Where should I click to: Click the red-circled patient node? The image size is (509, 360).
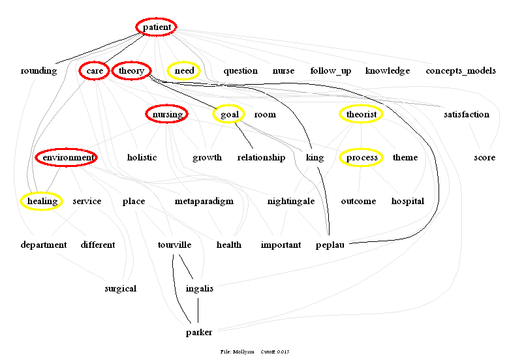click(x=157, y=27)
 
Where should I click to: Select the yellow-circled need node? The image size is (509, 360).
click(x=185, y=70)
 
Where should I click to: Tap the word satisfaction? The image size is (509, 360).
click(x=466, y=114)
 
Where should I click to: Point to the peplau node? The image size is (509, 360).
click(x=330, y=245)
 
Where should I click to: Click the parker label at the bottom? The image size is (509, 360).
click(x=199, y=332)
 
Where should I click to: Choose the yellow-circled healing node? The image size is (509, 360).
click(x=42, y=201)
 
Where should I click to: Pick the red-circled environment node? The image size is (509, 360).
click(x=67, y=157)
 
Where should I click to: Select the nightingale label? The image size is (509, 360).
click(x=291, y=201)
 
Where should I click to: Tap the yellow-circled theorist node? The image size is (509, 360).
click(x=362, y=114)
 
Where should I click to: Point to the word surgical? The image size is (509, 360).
click(x=121, y=288)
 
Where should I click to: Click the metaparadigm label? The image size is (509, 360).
click(x=204, y=201)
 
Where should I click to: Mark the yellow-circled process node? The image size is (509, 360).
click(x=362, y=157)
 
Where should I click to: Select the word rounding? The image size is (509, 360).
click(x=39, y=70)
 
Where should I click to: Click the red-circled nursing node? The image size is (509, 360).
click(x=167, y=114)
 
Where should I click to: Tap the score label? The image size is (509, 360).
click(x=484, y=157)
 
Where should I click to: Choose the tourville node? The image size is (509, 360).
click(x=174, y=245)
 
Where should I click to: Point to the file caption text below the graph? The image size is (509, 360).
click(x=254, y=352)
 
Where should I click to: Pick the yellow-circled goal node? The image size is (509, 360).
click(x=229, y=114)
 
